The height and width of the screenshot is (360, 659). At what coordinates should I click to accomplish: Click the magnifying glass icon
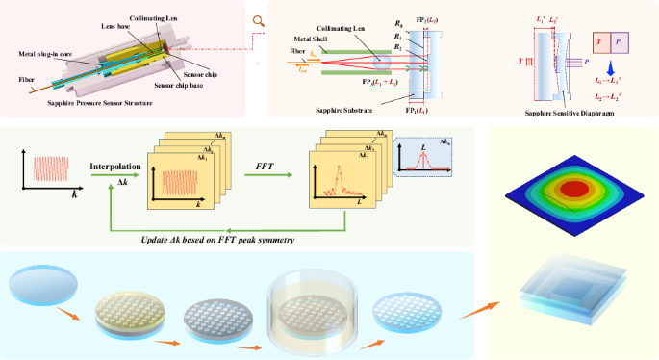tap(257, 19)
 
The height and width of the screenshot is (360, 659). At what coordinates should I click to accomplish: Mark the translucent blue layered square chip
tap(574, 289)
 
